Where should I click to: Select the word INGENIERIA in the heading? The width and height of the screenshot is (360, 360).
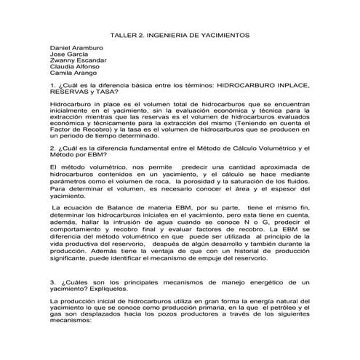174,34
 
